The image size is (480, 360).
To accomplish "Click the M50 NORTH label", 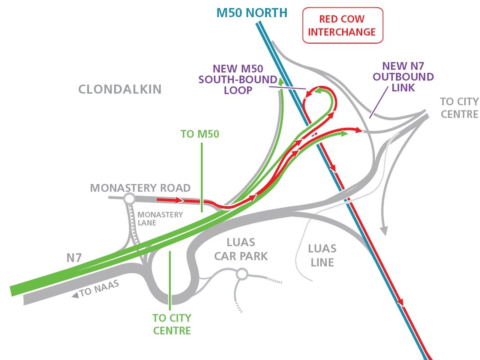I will pyautogui.click(x=252, y=13).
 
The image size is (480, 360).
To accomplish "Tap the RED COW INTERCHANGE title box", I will pyautogui.click(x=342, y=26).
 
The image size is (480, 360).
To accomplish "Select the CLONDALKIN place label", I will pyautogui.click(x=120, y=89).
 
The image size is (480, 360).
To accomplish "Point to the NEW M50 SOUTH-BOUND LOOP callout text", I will pyautogui.click(x=238, y=80).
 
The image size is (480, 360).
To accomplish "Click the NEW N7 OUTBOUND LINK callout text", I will pyautogui.click(x=403, y=77).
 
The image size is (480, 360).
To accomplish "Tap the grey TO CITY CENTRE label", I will pyautogui.click(x=459, y=108).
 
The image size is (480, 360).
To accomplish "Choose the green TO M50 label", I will pyautogui.click(x=200, y=134).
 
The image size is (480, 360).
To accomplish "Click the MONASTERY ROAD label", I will pyautogui.click(x=140, y=188).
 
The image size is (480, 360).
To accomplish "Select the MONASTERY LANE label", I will pyautogui.click(x=160, y=219).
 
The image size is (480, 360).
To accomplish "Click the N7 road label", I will pyautogui.click(x=74, y=258).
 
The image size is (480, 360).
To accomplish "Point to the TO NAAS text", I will pyautogui.click(x=99, y=288).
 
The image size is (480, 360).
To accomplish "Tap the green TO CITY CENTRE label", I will pyautogui.click(x=172, y=324).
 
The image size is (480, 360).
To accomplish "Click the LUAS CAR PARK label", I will pyautogui.click(x=241, y=249).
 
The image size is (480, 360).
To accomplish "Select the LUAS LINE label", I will pyautogui.click(x=322, y=256).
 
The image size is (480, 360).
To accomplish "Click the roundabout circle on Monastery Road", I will pyautogui.click(x=130, y=198).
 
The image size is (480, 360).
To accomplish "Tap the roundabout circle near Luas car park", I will pyautogui.click(x=242, y=274).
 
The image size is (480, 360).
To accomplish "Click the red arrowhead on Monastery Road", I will pyautogui.click(x=179, y=200).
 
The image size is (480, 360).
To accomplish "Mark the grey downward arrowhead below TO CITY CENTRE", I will pyautogui.click(x=384, y=231).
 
